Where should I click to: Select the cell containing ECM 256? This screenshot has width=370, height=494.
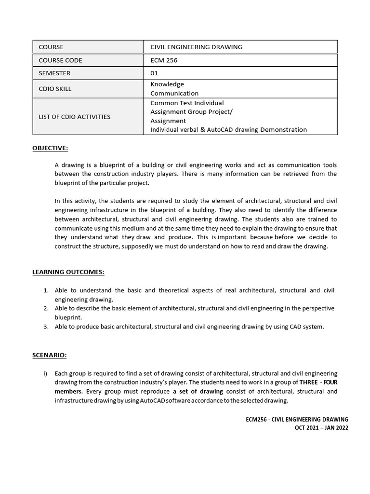click(x=163, y=60)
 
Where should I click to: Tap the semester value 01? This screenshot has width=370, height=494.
click(x=154, y=73)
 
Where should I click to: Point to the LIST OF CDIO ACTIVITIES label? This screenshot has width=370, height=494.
click(x=74, y=117)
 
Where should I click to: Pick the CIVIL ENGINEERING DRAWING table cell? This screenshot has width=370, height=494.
click(x=197, y=47)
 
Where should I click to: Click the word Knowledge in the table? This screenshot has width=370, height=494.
click(x=167, y=84)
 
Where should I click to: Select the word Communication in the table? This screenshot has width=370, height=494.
click(x=174, y=94)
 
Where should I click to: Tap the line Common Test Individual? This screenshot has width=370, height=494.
click(x=187, y=103)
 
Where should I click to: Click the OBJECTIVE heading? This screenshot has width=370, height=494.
click(x=50, y=148)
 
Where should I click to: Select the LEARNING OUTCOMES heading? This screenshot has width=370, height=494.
click(x=68, y=272)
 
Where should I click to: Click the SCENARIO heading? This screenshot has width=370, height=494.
click(x=50, y=355)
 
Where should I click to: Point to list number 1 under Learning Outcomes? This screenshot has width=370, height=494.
click(x=46, y=290)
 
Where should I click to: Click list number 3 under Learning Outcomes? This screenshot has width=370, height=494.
click(x=46, y=327)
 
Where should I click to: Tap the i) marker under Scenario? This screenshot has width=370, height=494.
click(x=46, y=373)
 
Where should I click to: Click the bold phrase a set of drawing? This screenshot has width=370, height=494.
click(x=198, y=392)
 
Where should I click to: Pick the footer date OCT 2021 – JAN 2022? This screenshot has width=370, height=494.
click(x=321, y=428)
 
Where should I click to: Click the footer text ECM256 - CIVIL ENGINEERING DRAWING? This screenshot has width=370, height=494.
click(x=297, y=420)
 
